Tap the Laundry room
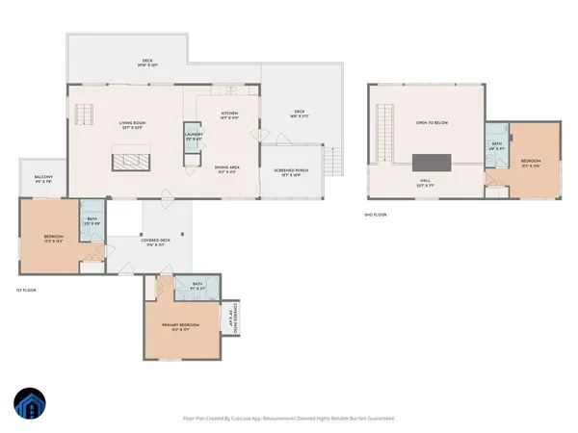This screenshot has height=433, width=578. tap(195, 136)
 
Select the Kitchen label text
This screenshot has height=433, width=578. tap(229, 115)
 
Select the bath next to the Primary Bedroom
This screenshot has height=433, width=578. tap(197, 285)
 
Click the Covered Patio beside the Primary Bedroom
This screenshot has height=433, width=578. tap(232, 318)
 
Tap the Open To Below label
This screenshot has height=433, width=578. tap(432, 123)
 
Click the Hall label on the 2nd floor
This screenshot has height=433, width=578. tap(424, 182)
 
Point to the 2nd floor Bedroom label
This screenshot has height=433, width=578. tap(531, 162)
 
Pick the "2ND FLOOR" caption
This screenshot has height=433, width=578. tap(376, 215)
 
